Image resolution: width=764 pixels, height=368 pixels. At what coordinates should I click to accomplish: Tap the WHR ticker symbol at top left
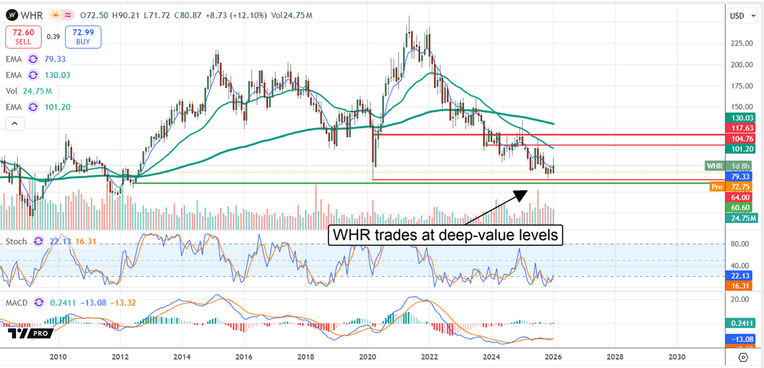click(x=30, y=13)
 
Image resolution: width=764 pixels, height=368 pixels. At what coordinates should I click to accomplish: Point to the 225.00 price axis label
click(x=740, y=43)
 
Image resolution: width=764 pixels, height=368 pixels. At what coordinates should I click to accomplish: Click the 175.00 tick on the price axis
click(x=740, y=86)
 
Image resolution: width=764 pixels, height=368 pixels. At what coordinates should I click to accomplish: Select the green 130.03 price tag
click(x=742, y=118)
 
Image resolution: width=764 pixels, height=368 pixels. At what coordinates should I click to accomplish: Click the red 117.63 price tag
click(x=742, y=127)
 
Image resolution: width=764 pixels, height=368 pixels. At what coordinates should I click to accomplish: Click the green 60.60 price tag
click(x=742, y=208)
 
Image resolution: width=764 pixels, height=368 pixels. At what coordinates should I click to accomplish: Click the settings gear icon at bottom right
click(x=744, y=357)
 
